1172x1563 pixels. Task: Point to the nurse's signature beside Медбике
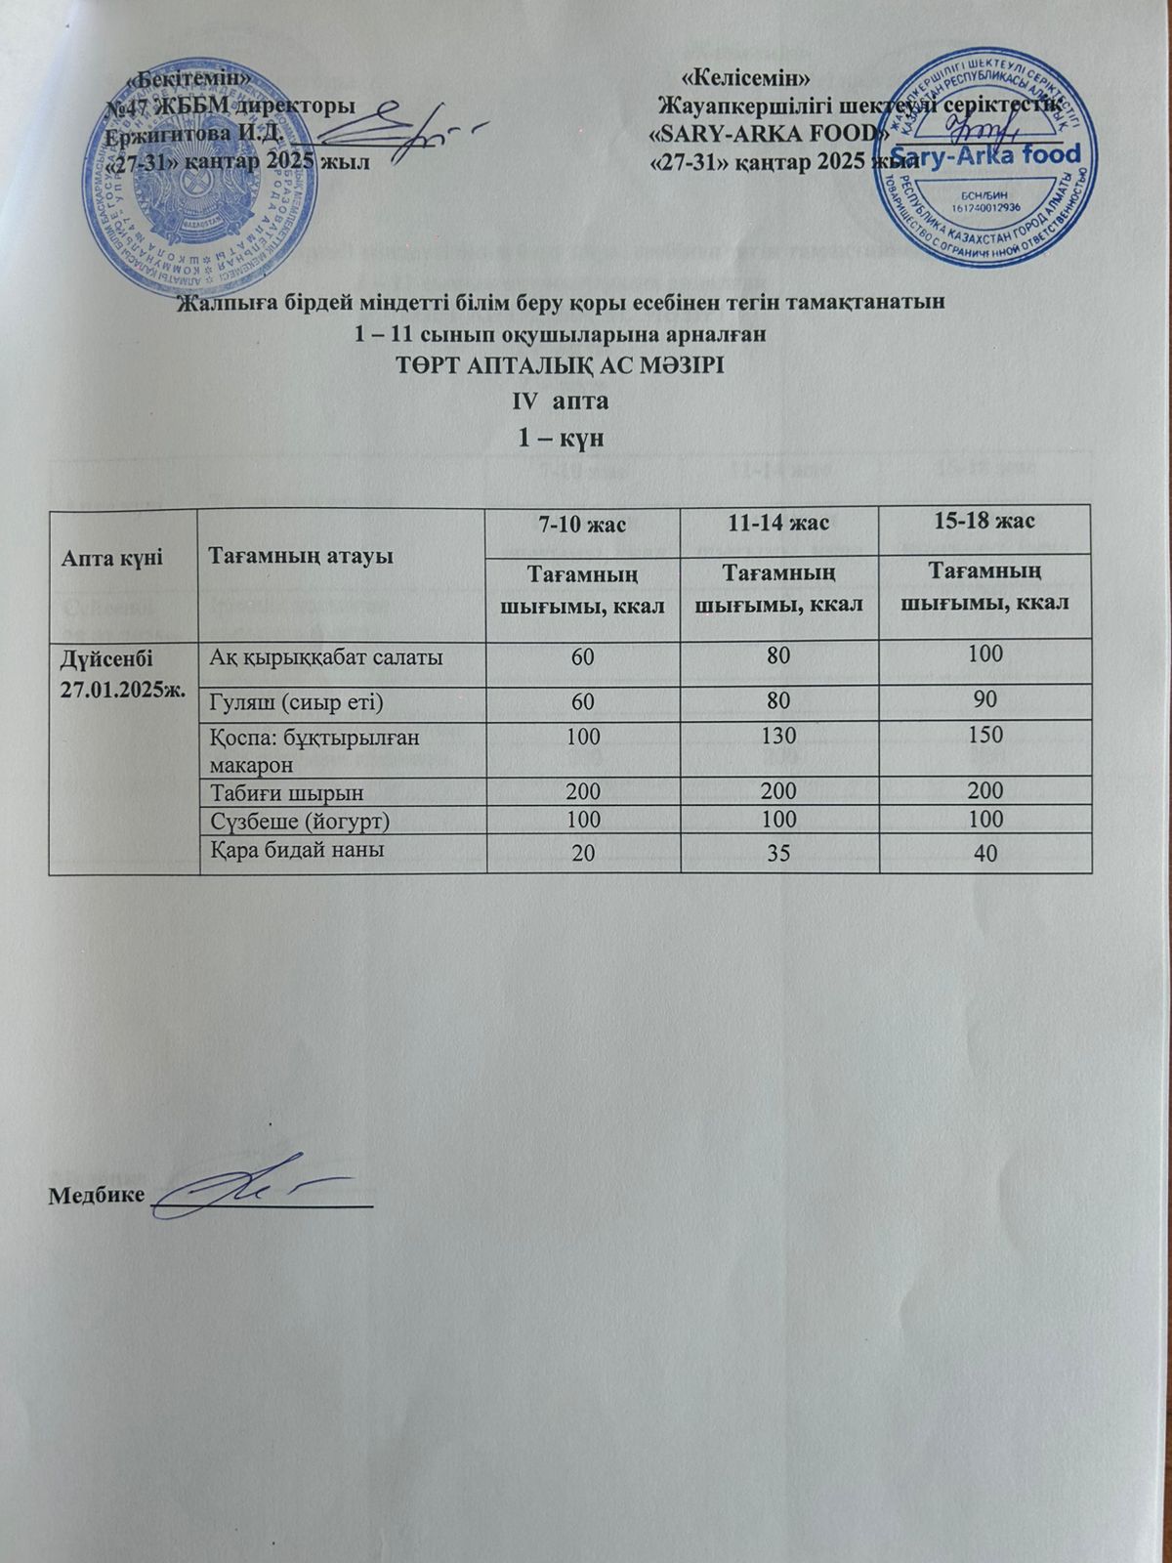pos(259,1189)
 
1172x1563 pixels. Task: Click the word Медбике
pos(97,1196)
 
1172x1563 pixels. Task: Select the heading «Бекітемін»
pos(194,76)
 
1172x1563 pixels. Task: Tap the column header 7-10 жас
pos(582,524)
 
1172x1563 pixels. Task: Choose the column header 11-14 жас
pos(777,524)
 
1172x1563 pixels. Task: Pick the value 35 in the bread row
pos(778,853)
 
